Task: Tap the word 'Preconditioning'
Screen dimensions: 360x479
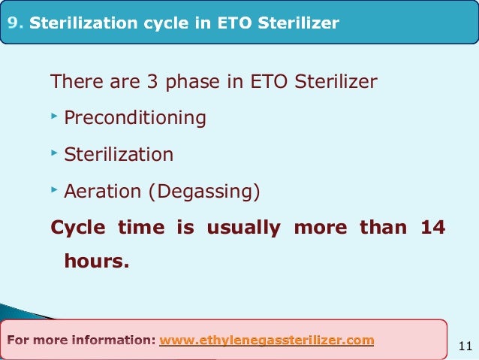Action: tap(135, 118)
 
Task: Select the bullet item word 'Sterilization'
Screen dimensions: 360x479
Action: tap(119, 155)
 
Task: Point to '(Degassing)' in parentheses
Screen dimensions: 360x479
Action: tap(203, 192)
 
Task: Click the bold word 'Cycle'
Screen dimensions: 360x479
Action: tap(77, 228)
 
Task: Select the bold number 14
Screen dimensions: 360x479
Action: tap(432, 228)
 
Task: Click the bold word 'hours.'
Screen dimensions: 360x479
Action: tap(96, 263)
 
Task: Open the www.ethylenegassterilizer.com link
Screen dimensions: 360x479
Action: tap(267, 340)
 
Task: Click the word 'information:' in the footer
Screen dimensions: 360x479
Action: tap(113, 340)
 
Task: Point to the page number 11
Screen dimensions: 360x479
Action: tap(464, 346)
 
